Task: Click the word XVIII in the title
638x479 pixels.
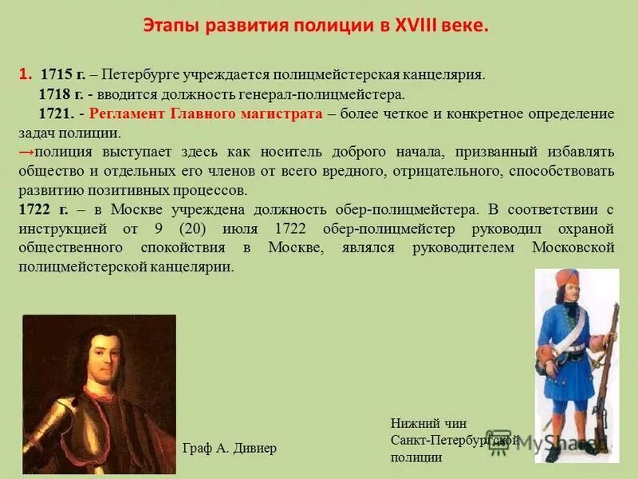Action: [x=415, y=26]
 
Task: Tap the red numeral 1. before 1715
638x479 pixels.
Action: [x=26, y=74]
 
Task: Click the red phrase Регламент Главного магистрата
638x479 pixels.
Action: [x=207, y=113]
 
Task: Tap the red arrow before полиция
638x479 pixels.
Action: [x=26, y=152]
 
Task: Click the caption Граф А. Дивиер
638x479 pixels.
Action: [x=230, y=448]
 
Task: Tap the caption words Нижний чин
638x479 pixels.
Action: [x=428, y=424]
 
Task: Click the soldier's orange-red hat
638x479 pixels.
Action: [x=567, y=279]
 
